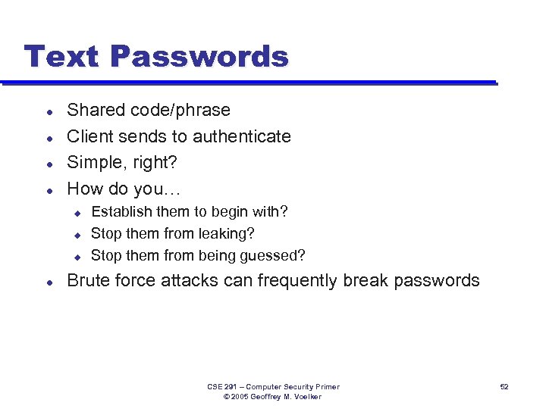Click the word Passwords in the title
pyautogui.click(x=200, y=57)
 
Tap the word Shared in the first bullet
pyautogui.click(x=95, y=110)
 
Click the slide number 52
pyautogui.click(x=504, y=387)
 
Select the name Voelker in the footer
pyautogui.click(x=307, y=397)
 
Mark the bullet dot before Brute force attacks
pyautogui.click(x=49, y=282)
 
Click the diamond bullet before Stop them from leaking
pyautogui.click(x=77, y=235)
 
